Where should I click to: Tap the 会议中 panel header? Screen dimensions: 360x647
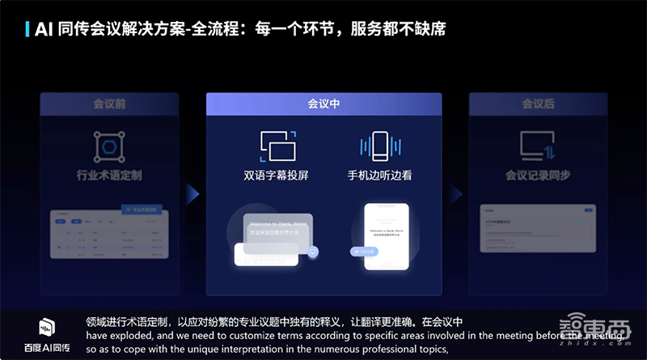click(x=323, y=104)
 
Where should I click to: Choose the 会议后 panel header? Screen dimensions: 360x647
click(x=537, y=104)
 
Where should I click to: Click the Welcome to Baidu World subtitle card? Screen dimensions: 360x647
click(x=267, y=228)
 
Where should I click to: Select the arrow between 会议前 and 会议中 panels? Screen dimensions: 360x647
click(x=192, y=193)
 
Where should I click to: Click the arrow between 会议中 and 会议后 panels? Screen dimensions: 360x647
click(x=456, y=193)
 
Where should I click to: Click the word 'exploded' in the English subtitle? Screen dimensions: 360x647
click(x=136, y=337)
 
